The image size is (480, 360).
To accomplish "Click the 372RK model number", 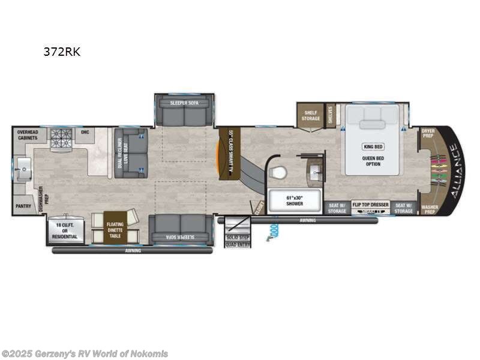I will (x=62, y=52).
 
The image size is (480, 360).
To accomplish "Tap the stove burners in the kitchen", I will (x=61, y=138).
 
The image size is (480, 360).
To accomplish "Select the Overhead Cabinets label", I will (x=27, y=135).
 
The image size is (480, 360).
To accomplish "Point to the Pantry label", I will (x=23, y=205).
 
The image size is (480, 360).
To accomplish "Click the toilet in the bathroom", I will (x=278, y=173).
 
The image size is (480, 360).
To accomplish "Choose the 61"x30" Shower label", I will (x=294, y=201).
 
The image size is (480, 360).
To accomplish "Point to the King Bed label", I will (x=372, y=146).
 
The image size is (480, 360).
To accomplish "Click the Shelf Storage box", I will (x=310, y=115).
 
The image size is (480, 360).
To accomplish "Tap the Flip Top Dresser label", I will (x=370, y=205).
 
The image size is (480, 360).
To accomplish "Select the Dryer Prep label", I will (x=428, y=133).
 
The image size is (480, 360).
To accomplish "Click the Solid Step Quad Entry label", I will (x=238, y=242).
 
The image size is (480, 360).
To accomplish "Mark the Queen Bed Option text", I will (x=372, y=161).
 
